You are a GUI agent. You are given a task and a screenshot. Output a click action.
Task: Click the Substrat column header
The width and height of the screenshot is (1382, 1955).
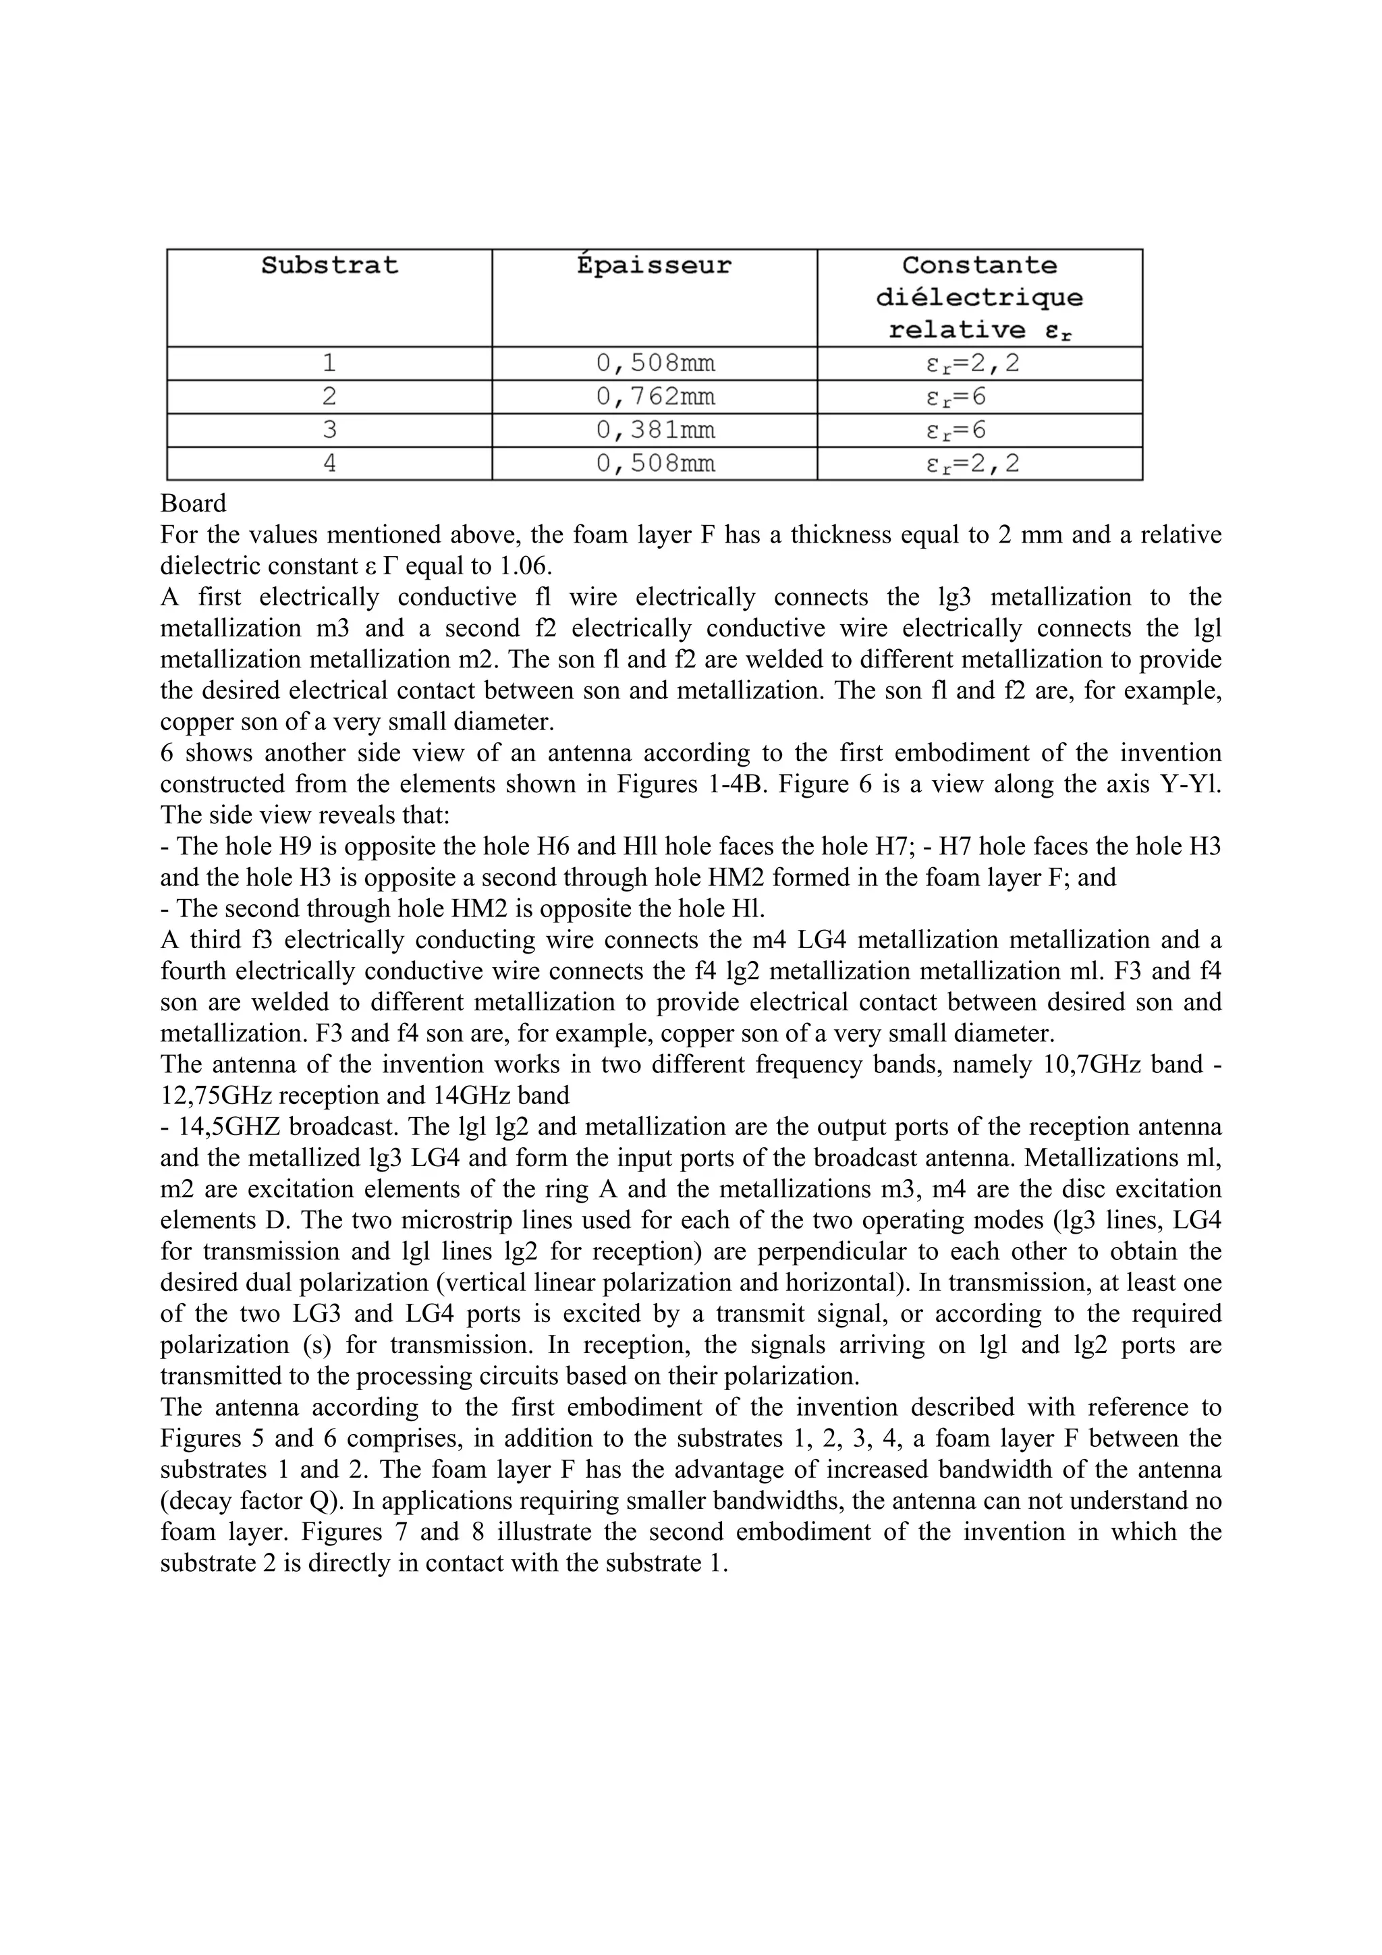pos(329,266)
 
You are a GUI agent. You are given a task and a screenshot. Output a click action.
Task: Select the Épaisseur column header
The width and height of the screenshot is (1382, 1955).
pos(654,266)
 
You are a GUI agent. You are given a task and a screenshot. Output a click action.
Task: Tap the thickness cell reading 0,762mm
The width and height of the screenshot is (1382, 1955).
pos(655,397)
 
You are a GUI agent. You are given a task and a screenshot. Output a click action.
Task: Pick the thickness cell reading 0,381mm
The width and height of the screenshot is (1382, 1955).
pos(655,430)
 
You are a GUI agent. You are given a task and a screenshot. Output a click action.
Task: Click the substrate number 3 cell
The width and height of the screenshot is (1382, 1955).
pos(329,430)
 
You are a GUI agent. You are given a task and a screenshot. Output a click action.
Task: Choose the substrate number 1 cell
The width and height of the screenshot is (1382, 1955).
pos(329,364)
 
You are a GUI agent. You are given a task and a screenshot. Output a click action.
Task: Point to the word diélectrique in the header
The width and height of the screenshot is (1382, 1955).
pos(979,298)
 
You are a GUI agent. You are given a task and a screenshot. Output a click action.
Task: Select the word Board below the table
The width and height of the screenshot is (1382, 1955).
pos(192,503)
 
